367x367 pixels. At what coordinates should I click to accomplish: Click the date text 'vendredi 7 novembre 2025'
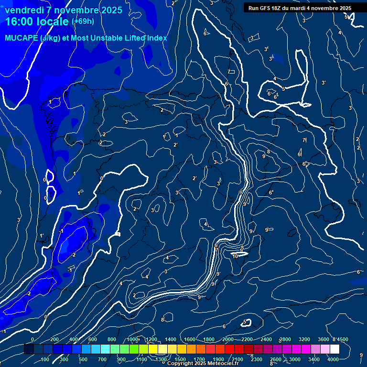[x=63, y=10]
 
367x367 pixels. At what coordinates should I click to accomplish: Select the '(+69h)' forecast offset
[x=83, y=22]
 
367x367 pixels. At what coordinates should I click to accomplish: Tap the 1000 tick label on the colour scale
[x=132, y=339]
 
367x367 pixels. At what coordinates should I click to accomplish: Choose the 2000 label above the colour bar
[x=228, y=339]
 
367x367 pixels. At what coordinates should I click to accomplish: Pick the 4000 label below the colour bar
[x=333, y=359]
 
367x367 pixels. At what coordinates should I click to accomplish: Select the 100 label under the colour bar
[x=45, y=359]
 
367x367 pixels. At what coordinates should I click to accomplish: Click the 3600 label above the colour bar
[x=324, y=339]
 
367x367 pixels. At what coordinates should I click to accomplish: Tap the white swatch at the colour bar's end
[x=335, y=349]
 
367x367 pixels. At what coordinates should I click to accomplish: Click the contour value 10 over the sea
[x=235, y=256]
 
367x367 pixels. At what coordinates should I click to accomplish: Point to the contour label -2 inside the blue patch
[x=73, y=255]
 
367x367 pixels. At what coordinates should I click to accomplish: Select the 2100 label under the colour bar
[x=237, y=359]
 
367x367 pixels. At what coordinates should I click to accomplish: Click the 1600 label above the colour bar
[x=190, y=339]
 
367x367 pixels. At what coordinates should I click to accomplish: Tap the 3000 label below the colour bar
[x=295, y=359]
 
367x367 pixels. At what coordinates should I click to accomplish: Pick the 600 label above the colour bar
[x=93, y=339]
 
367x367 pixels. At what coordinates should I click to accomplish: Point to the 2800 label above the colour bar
[x=285, y=339]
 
